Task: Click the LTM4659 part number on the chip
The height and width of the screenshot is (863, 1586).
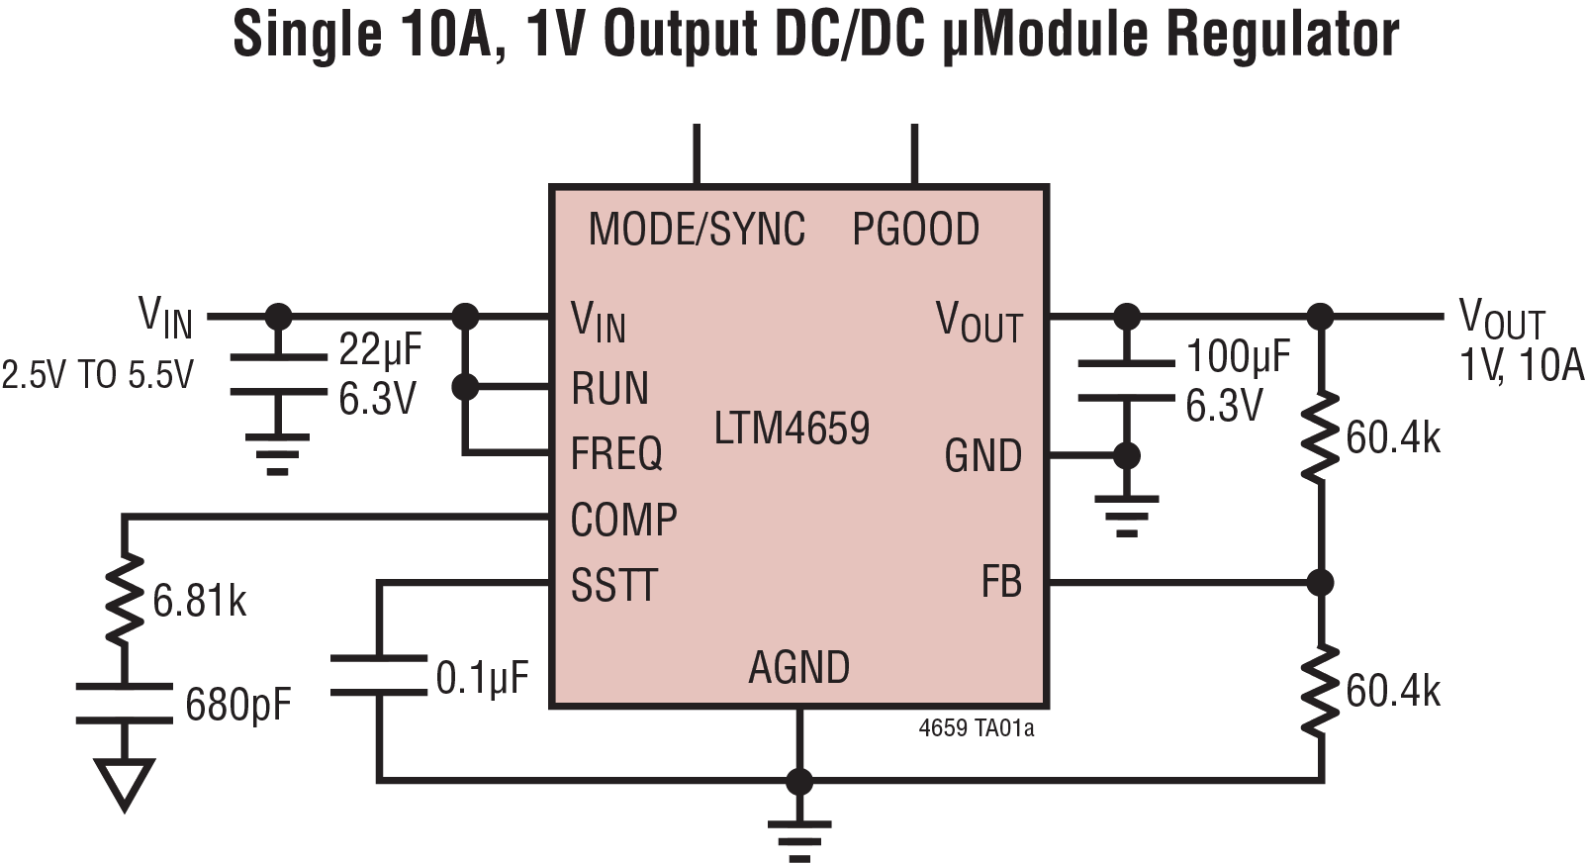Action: [x=792, y=429]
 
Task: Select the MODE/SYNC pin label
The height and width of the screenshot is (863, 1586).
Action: [x=697, y=230]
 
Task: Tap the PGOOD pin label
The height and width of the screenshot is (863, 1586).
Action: [x=915, y=230]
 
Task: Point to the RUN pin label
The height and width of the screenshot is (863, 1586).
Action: [x=609, y=389]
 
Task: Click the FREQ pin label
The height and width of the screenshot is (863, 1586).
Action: [x=616, y=454]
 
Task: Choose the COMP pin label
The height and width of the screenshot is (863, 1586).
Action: [x=623, y=520]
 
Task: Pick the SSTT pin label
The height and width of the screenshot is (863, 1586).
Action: [x=613, y=585]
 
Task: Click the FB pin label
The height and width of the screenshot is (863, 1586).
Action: [x=1001, y=582]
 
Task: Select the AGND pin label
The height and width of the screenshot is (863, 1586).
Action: [x=798, y=668]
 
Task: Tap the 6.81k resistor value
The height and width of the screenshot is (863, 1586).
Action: [x=199, y=601]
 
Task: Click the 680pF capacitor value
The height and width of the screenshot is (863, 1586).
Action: [x=237, y=706]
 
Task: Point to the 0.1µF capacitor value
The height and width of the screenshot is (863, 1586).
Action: [x=483, y=679]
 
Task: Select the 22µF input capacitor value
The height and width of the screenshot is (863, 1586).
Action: [x=380, y=348]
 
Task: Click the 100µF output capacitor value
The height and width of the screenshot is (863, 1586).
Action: [x=1238, y=356]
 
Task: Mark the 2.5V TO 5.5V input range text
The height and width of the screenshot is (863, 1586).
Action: [x=97, y=376]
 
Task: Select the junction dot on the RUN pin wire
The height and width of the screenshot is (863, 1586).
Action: [x=464, y=387]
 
